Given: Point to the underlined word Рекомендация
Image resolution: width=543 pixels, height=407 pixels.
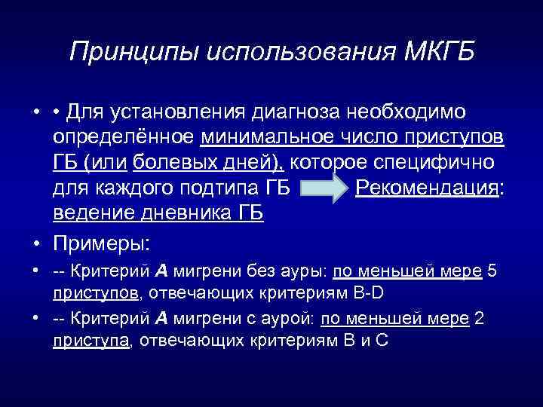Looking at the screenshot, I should tap(426, 188).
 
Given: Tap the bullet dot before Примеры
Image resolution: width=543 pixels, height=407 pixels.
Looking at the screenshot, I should tap(38, 243).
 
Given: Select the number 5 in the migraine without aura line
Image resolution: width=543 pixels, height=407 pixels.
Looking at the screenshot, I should tap(492, 272).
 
